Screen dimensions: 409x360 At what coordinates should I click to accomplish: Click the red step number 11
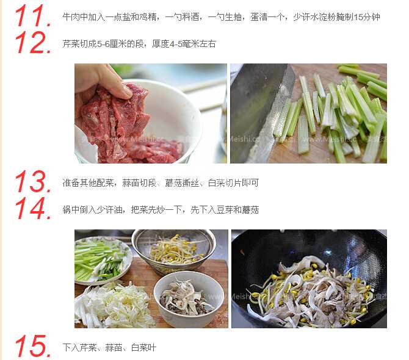coord(33,16)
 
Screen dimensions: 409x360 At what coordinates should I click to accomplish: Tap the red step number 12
coord(33,42)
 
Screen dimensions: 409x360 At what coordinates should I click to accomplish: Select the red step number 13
coord(33,181)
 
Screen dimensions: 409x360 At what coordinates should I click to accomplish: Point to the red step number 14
coord(33,208)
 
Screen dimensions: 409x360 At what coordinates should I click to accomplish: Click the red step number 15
coord(33,346)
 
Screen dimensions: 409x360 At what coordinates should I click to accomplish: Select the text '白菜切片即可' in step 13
coord(233,182)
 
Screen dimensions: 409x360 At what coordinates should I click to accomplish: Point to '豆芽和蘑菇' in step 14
coord(237,209)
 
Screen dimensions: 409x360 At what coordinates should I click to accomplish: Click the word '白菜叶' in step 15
coord(143,347)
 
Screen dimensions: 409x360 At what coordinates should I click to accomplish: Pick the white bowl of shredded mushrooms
coord(189,298)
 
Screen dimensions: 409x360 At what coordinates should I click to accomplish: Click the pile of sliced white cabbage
coord(115,305)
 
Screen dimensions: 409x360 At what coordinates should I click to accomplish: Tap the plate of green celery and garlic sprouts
coord(102,261)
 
